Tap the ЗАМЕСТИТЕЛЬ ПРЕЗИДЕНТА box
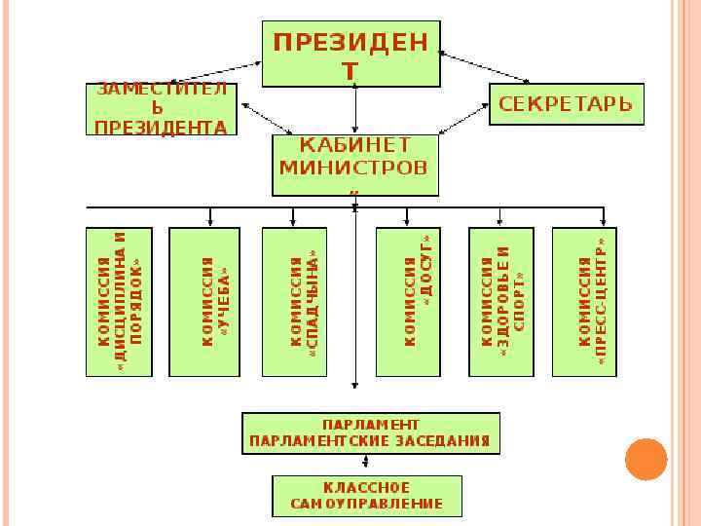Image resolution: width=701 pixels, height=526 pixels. tap(162, 107)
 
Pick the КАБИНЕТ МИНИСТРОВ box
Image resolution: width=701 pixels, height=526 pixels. tap(353, 164)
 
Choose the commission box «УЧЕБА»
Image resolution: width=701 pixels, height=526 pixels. tap(204, 301)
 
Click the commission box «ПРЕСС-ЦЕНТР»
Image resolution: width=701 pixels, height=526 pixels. tap(585, 301)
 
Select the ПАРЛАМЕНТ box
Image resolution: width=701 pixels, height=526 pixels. tap(370, 432)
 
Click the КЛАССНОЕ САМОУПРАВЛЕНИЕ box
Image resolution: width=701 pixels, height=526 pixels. tap(366, 496)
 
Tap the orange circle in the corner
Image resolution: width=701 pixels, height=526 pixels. tap(645, 458)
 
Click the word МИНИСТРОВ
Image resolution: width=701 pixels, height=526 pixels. tap(353, 167)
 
